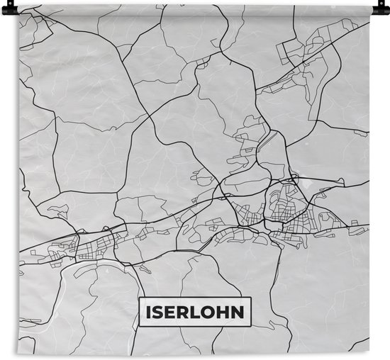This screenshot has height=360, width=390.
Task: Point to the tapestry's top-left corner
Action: (19, 6)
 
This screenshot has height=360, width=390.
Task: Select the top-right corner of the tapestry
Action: (370, 6)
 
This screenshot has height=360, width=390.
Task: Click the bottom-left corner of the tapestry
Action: (19, 354)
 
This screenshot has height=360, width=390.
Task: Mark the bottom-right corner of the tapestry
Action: (370, 354)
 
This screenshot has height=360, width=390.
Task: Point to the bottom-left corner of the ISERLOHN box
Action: (139, 325)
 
